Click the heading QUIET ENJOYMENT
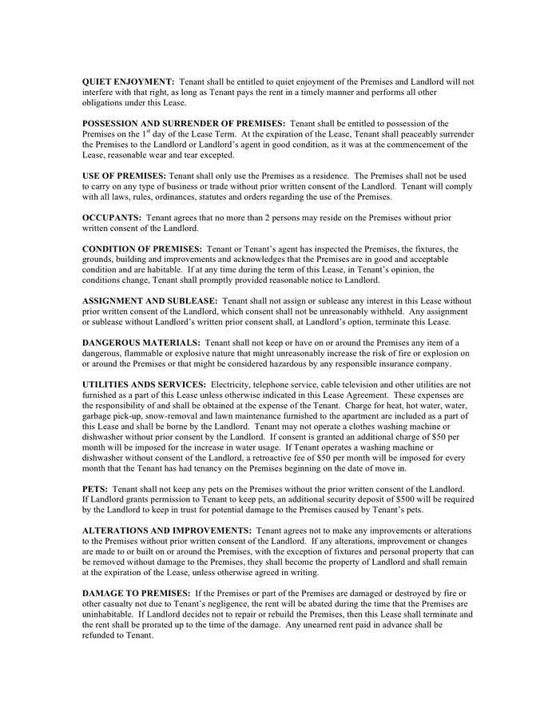(x=128, y=81)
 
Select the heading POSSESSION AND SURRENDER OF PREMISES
(x=184, y=123)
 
